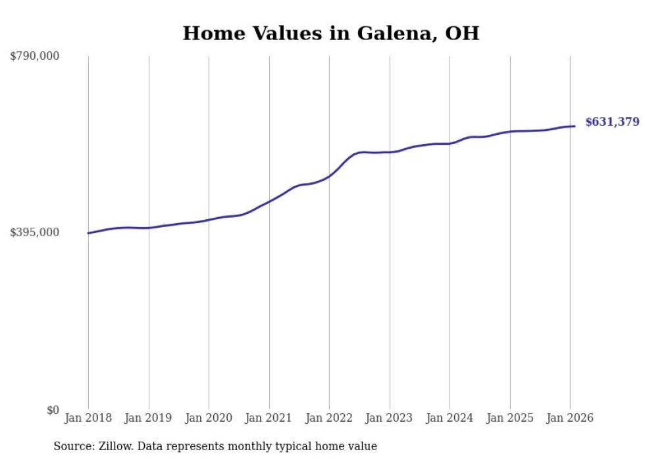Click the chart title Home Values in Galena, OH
(330, 34)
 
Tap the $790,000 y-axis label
(35, 57)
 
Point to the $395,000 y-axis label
(35, 232)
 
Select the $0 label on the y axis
(53, 410)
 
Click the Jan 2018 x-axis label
(88, 418)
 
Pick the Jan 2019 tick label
(148, 418)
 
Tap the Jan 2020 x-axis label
(209, 418)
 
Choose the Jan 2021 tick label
(269, 418)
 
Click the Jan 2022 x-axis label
(329, 418)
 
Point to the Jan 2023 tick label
(389, 418)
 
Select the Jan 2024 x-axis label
(450, 418)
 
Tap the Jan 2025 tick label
(509, 418)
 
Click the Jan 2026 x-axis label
(570, 418)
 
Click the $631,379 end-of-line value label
(612, 122)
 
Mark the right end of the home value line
(575, 126)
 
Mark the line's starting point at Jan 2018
(88, 233)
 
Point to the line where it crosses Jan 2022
(329, 176)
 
